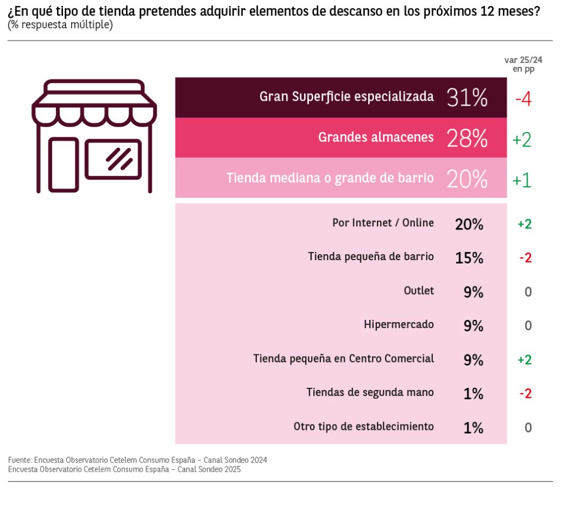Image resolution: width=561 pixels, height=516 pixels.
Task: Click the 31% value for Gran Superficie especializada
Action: pos(467,98)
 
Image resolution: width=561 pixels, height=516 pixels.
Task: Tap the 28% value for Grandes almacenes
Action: pos(467,138)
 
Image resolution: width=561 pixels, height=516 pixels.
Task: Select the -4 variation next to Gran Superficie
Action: pos(523,99)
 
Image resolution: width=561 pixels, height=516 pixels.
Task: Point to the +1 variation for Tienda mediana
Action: pos(522,180)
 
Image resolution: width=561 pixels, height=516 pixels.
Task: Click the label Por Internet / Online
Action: pos(383,223)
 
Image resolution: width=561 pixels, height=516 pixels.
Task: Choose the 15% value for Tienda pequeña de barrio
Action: pos(469,257)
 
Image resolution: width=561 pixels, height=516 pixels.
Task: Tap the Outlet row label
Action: pos(419,290)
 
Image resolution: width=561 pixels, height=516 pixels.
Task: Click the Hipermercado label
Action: pos(399,324)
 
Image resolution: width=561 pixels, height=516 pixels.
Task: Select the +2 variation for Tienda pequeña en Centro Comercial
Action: pos(524,359)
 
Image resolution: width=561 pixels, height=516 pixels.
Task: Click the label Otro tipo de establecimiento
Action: pos(364,426)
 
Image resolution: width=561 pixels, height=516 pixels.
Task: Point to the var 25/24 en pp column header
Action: pos(523,64)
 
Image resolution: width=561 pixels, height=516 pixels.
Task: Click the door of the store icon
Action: pos(63,164)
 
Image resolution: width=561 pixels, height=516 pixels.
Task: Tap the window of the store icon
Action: pos(113,159)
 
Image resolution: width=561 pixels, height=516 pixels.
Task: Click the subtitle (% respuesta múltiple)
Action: pos(60,25)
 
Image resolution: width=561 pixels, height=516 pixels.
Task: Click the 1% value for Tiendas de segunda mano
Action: pos(473,393)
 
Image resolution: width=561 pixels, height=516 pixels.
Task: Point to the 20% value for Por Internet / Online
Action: pos(469,223)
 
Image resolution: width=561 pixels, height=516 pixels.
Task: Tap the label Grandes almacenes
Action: pos(376,137)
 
